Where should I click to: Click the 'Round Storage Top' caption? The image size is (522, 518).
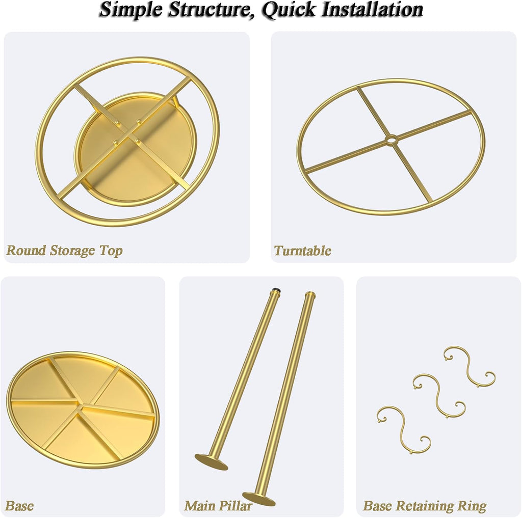65,251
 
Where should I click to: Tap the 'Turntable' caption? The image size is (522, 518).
302,251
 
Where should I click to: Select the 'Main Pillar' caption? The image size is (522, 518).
218,506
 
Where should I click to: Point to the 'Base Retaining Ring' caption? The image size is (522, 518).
425,506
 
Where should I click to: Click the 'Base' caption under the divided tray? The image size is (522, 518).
19,506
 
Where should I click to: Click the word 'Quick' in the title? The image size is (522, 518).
289,10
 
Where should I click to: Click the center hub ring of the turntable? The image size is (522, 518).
391,140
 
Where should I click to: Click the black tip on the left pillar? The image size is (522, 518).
276,290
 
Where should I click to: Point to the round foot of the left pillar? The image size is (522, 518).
212,462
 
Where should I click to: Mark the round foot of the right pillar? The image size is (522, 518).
259,499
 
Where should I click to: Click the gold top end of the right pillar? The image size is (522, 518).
310,295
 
